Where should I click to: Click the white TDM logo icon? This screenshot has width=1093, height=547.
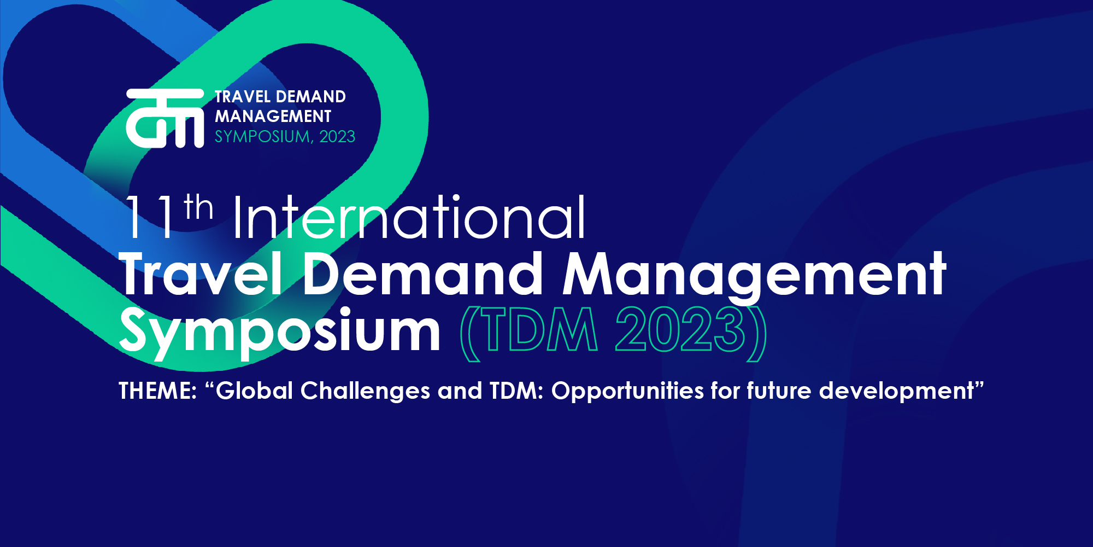coord(165,118)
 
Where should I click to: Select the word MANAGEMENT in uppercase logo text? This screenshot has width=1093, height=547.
coord(273,117)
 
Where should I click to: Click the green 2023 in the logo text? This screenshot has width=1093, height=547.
coord(337,136)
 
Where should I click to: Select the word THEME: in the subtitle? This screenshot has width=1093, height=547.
coord(158,391)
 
